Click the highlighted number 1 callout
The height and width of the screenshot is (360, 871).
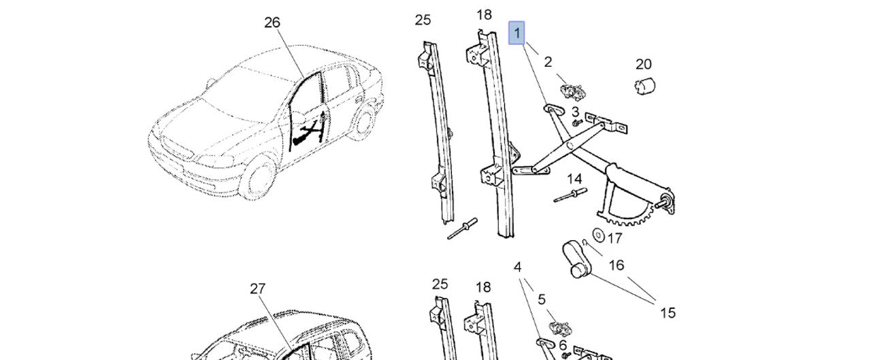517,33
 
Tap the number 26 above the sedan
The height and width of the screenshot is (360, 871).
272,22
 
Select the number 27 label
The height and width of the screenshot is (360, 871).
257,289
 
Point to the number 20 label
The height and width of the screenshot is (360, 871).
644,64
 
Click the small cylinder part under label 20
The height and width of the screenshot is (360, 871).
644,86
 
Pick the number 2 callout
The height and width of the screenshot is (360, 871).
548,62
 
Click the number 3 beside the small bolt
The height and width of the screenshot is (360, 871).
575,112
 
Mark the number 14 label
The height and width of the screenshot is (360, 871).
575,179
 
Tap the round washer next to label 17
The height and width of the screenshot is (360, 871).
599,235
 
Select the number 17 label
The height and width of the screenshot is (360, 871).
614,238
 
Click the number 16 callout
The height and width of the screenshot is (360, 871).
616,265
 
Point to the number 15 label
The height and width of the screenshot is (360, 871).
668,312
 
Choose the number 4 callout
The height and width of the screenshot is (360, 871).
518,267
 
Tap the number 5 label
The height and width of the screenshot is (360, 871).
542,299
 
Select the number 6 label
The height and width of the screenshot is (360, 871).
563,345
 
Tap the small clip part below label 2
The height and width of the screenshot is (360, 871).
570,91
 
